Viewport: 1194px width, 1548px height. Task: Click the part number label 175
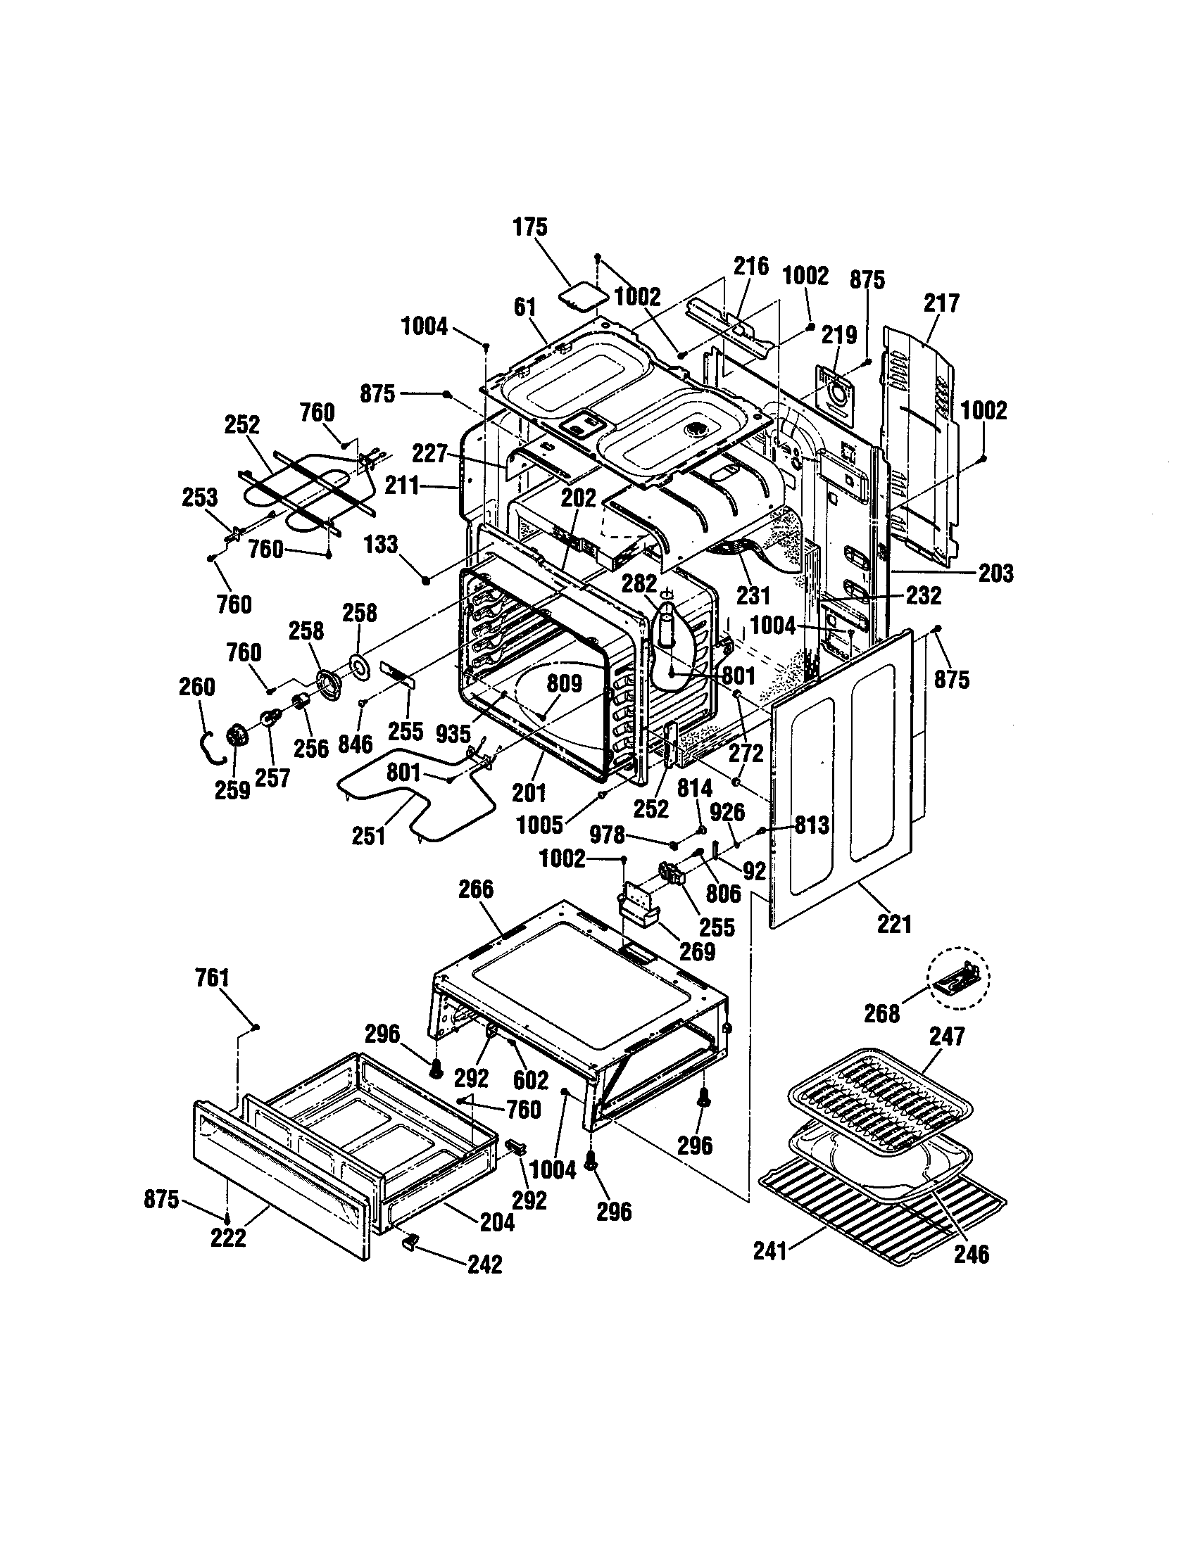tap(529, 227)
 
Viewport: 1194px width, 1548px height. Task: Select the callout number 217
tap(941, 303)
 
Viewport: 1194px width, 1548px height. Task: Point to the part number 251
tap(368, 836)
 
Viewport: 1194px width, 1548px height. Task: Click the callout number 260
tap(196, 687)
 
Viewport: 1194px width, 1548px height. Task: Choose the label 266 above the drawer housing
tap(476, 889)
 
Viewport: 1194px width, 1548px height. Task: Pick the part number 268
tap(881, 1013)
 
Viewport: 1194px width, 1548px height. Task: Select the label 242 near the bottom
tap(485, 1264)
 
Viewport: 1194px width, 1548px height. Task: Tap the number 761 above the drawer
tap(212, 978)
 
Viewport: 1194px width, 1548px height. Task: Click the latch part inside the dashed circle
tap(960, 978)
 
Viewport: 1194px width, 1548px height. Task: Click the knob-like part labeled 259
tap(236, 738)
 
